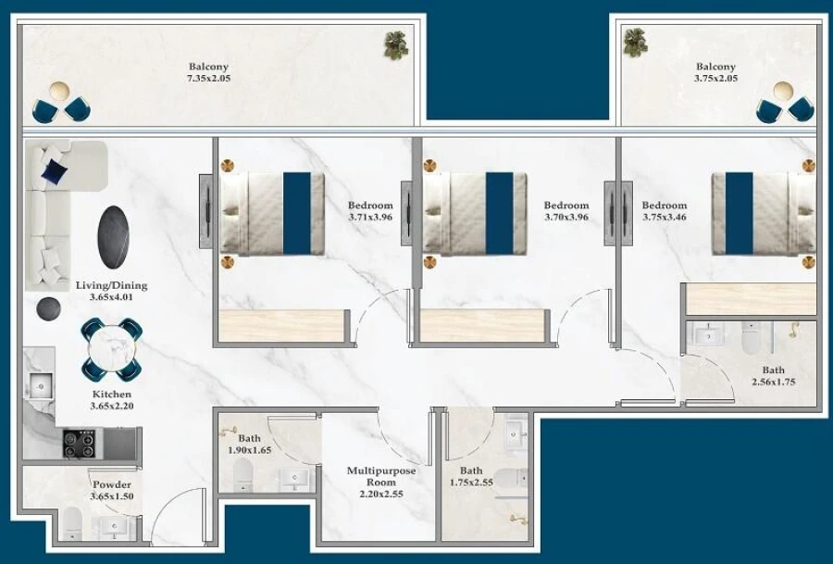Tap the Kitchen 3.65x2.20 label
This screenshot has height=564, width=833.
pyautogui.click(x=111, y=400)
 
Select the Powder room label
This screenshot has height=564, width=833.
pyautogui.click(x=111, y=491)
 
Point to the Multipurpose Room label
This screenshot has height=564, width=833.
pyautogui.click(x=381, y=483)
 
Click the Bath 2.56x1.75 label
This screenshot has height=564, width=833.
pyautogui.click(x=773, y=376)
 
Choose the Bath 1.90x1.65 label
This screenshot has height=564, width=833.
pyautogui.click(x=249, y=445)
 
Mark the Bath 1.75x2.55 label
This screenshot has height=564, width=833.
pyautogui.click(x=470, y=476)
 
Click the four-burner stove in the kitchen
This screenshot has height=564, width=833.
pyautogui.click(x=79, y=444)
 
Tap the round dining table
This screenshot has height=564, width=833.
pyautogui.click(x=111, y=348)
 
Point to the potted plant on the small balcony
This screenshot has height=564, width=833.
pyautogui.click(x=635, y=41)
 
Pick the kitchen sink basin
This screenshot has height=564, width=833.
pyautogui.click(x=39, y=384)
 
